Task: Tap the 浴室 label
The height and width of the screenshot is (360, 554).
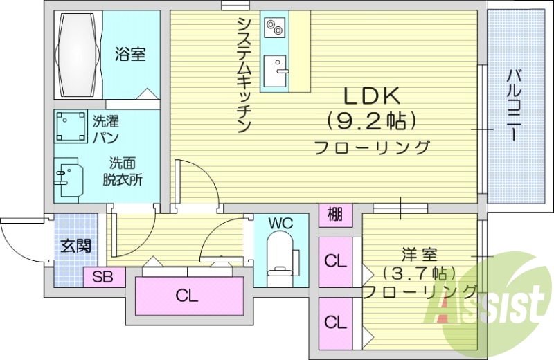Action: coord(130,53)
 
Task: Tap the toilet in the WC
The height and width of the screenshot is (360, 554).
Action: coord(280,255)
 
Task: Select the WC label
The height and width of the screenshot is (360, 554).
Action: coord(281,223)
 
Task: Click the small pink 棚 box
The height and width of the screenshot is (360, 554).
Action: coord(334,215)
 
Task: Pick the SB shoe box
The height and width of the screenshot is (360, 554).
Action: coord(103,277)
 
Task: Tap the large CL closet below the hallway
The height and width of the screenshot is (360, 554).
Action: coord(187,296)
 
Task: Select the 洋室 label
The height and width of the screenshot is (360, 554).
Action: coord(420,254)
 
